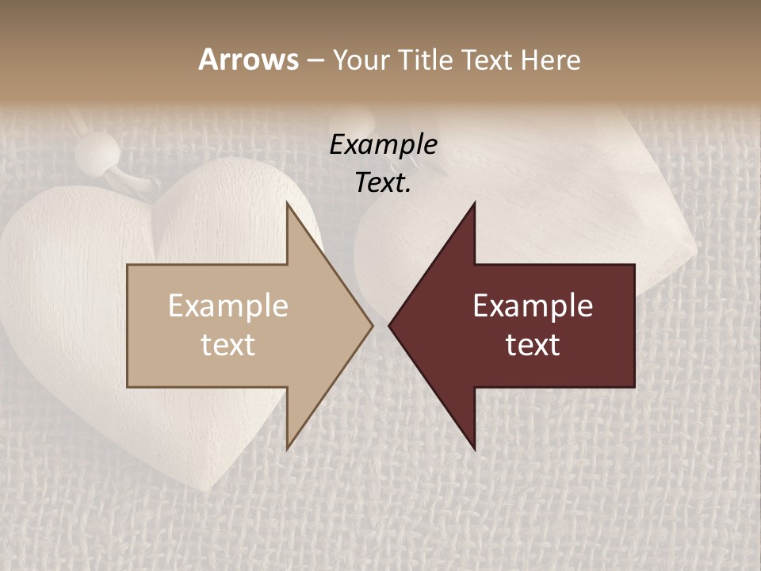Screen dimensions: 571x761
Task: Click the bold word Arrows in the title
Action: [x=248, y=59]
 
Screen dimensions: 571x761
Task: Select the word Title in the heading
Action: [x=425, y=59]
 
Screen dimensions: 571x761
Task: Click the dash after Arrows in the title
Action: [x=315, y=60]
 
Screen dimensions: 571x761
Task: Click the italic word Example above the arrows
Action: [x=383, y=145]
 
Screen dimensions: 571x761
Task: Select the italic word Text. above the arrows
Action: [x=383, y=183]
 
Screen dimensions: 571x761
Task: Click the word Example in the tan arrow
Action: [x=228, y=306]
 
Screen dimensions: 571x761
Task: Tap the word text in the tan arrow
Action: [x=228, y=345]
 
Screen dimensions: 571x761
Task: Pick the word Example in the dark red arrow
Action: [x=533, y=306]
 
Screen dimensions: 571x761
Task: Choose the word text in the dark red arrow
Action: [x=533, y=345]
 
